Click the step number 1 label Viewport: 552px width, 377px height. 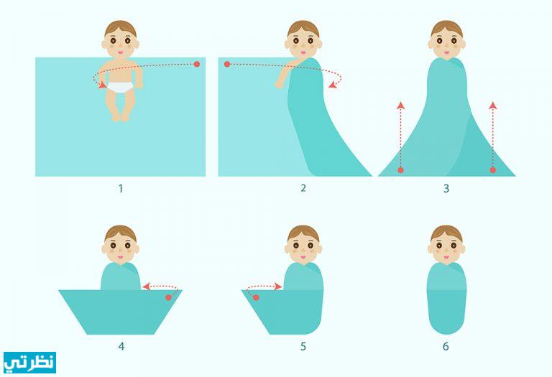point(121,189)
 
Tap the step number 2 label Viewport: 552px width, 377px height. point(303,188)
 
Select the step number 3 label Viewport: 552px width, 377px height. point(446,189)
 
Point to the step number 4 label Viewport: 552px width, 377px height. point(121,346)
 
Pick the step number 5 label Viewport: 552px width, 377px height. point(303,346)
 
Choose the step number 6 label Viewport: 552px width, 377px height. point(446,346)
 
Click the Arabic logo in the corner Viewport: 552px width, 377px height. point(30,363)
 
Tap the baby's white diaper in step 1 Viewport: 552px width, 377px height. point(121,87)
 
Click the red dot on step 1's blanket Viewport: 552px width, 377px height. point(197,65)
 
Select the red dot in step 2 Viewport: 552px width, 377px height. point(227,65)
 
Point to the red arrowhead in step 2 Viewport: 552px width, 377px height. point(332,84)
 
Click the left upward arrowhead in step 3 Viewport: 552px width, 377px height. point(400,105)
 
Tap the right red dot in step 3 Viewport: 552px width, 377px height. point(493,170)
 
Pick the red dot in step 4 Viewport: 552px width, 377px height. point(168,298)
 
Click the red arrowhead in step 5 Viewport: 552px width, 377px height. point(278,287)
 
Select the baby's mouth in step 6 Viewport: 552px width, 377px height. point(446,257)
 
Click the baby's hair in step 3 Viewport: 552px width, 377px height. point(446,28)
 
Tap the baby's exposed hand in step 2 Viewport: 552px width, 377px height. point(278,85)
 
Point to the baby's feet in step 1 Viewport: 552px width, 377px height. point(121,117)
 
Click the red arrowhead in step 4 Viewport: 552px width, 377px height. point(146,287)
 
